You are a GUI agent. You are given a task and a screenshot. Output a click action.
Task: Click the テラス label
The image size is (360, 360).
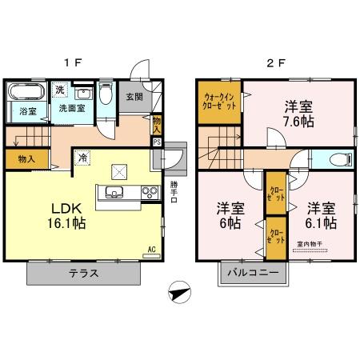pyautogui.click(x=83, y=273)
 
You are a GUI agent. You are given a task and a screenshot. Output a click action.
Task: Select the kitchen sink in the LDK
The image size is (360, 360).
pyautogui.click(x=113, y=191)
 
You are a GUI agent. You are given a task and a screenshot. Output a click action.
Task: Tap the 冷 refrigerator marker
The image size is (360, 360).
pyautogui.click(x=82, y=158)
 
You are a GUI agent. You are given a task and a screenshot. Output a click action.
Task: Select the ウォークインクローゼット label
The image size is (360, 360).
pyautogui.click(x=218, y=101)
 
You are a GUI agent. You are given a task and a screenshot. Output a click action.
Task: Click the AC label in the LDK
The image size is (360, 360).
pyautogui.click(x=150, y=249)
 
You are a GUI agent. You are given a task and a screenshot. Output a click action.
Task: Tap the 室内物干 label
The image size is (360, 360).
pyautogui.click(x=309, y=243)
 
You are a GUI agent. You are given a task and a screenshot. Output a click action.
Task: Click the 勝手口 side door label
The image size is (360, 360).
pyautogui.click(x=174, y=192)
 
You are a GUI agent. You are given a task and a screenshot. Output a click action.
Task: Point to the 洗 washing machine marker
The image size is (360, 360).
pyautogui.click(x=59, y=90)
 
